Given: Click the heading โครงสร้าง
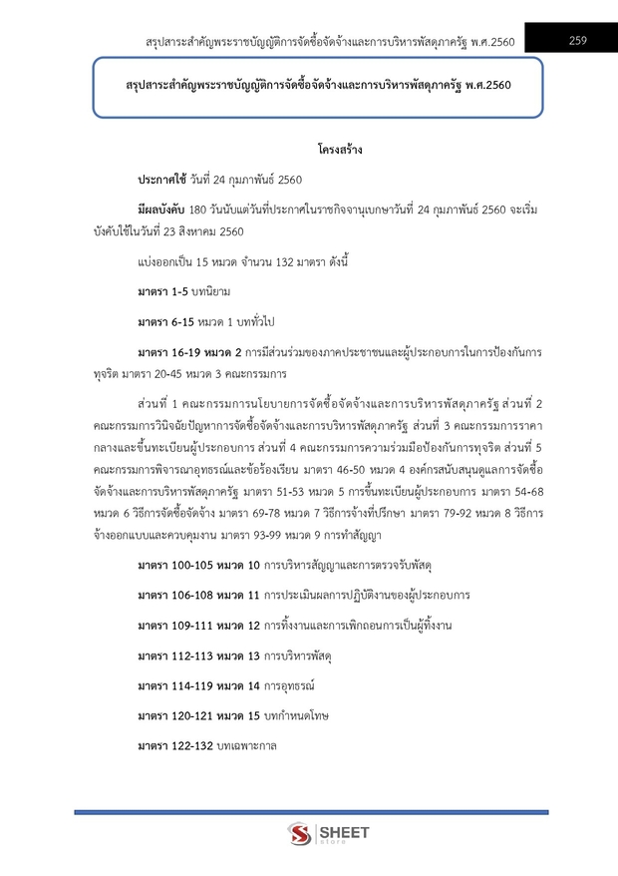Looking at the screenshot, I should [x=340, y=151].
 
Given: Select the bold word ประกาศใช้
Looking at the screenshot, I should [x=161, y=179].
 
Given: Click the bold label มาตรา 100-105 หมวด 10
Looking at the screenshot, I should [x=197, y=567].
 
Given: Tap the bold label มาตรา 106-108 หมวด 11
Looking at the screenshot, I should [x=197, y=596].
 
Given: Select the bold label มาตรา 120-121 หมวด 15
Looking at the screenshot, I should [x=197, y=715].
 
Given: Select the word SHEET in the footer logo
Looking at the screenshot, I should [x=344, y=830].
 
